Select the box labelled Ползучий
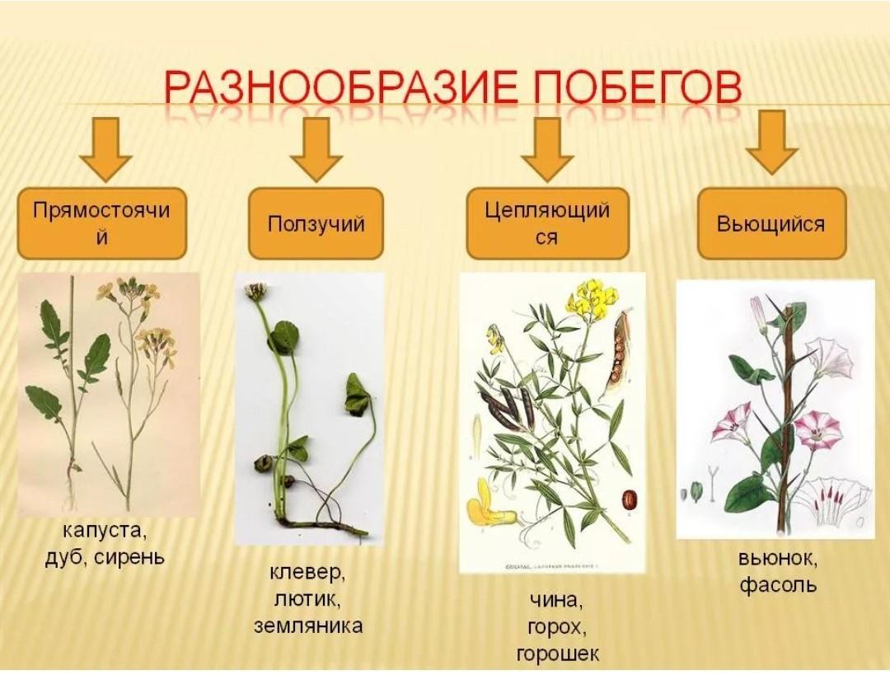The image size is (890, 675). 316,223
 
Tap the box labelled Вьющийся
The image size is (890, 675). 771,223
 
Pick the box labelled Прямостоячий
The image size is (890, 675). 101,223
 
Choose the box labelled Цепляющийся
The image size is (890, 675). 547,223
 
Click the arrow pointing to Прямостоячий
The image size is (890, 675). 105,148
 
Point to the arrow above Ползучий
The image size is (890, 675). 316,148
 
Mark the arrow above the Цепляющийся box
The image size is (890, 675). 547,148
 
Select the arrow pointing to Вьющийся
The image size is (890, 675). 772,143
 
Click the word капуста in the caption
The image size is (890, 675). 104,532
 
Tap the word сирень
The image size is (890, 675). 129,557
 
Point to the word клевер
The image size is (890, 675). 307,572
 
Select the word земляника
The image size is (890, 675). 308,626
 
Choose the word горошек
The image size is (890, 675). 557,654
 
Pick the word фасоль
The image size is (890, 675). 778,584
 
